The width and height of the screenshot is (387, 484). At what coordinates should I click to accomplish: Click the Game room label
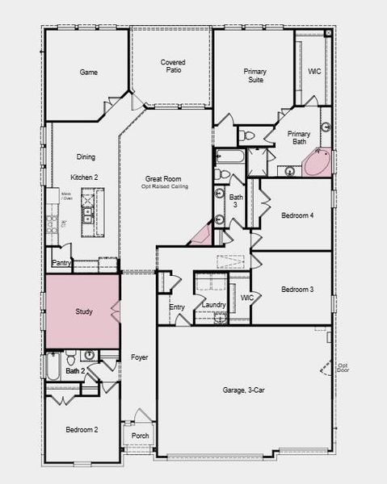click(88, 72)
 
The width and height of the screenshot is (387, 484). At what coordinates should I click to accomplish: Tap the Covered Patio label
click(172, 66)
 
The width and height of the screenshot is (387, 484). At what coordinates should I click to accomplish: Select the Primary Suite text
click(255, 76)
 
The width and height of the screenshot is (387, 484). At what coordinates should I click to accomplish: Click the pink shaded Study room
click(83, 311)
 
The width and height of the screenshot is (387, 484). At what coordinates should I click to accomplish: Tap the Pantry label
click(61, 263)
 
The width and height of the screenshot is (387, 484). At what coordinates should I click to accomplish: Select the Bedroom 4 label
click(297, 215)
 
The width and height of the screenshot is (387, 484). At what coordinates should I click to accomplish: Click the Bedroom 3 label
click(297, 289)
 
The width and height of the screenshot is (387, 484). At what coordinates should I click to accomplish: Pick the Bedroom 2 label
click(82, 430)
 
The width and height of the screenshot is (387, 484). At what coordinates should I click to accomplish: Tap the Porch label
click(141, 436)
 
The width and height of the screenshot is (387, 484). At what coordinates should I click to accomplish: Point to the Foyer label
click(139, 356)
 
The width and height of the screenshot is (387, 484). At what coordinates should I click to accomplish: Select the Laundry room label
click(213, 305)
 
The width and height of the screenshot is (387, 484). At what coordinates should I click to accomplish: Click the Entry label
click(177, 307)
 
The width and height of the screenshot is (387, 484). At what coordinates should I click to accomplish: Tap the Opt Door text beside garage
click(343, 368)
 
